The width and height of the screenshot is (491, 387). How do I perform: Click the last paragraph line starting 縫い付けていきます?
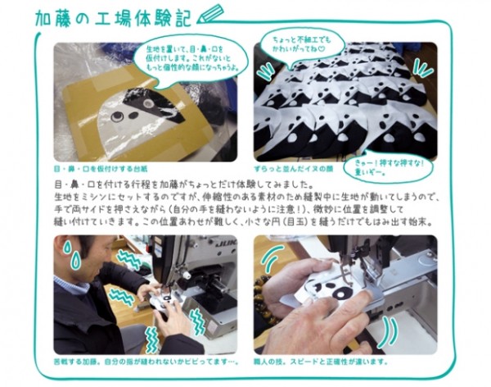tap(230, 222)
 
